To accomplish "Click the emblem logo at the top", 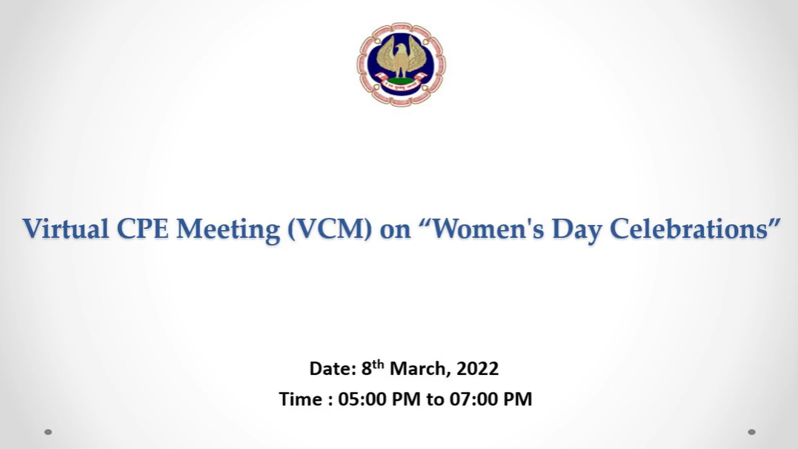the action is click(401, 64).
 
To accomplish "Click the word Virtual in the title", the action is click(66, 228).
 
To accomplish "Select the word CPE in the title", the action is click(142, 228).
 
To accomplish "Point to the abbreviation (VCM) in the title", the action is click(330, 229).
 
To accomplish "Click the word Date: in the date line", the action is click(333, 368).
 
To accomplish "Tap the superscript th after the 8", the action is click(378, 364).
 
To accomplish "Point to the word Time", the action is click(301, 399).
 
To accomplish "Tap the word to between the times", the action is click(435, 399).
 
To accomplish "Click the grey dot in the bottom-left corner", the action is click(48, 432).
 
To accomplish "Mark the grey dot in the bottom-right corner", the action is click(751, 432).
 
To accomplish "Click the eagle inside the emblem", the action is click(401, 57).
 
